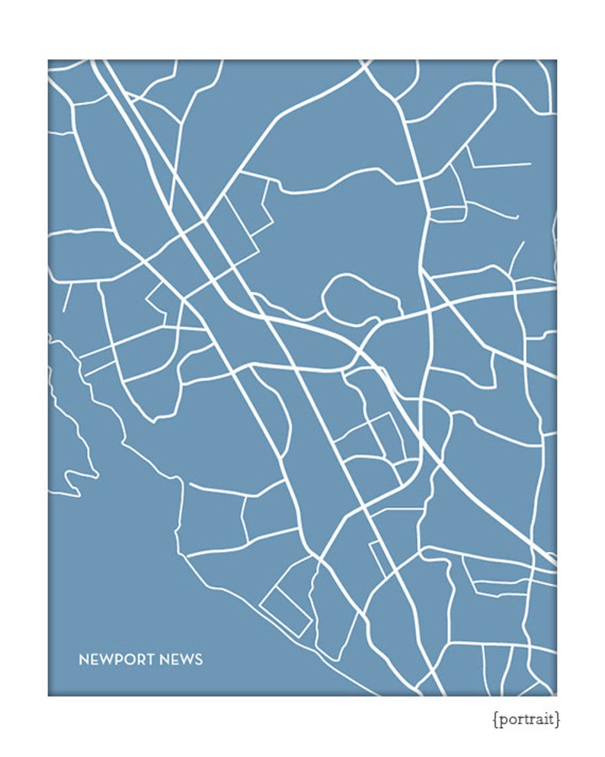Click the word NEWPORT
116,659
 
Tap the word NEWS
181,659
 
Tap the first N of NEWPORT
83,659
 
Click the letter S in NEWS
199,659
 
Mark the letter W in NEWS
186,659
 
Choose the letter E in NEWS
174,659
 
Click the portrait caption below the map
526,719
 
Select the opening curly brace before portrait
495,719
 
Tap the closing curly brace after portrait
558,719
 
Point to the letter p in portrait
501,720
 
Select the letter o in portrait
511,719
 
